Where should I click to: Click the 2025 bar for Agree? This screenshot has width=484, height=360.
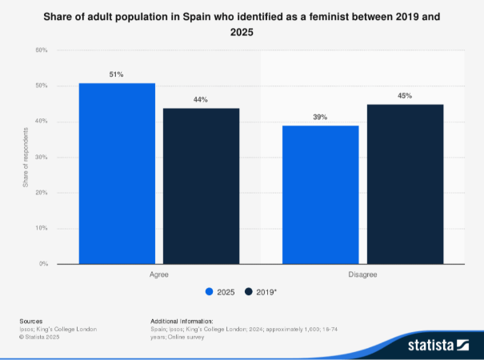click(117, 173)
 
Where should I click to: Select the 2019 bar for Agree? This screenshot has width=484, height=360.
click(201, 186)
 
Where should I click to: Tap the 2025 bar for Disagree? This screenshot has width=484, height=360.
click(321, 194)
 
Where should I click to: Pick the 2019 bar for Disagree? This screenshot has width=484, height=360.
click(405, 184)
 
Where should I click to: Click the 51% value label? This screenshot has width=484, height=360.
click(117, 74)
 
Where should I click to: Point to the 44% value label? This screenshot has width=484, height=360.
click(201, 100)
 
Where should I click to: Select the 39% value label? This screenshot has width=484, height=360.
click(321, 118)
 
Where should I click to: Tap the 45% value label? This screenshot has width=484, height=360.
click(405, 96)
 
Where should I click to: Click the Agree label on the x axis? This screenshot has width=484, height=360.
click(158, 274)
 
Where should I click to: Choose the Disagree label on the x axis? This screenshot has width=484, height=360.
click(362, 274)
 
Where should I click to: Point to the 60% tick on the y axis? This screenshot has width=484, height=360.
click(41, 50)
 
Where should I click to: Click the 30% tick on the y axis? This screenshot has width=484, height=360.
click(41, 157)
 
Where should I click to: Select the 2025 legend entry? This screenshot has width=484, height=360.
click(221, 292)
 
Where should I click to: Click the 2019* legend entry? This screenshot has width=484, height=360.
click(262, 292)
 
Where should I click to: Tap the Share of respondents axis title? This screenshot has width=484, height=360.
click(26, 157)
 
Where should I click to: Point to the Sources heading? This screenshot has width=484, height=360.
click(31, 321)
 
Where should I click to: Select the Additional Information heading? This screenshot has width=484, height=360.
click(180, 321)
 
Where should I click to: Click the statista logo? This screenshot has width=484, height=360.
click(437, 346)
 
